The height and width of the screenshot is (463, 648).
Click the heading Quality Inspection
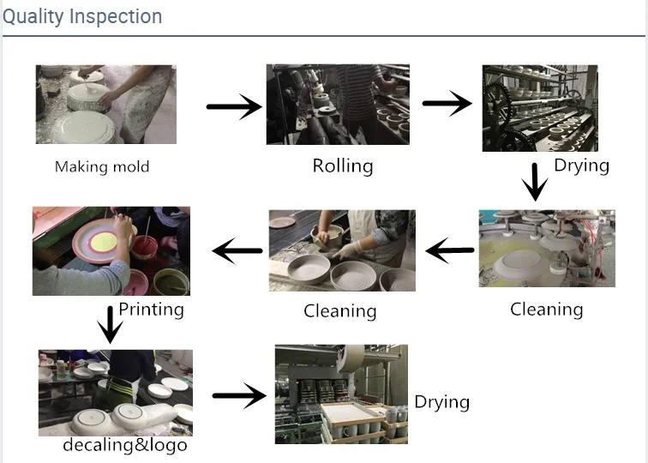(x=82, y=16)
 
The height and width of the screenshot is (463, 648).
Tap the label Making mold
(x=102, y=166)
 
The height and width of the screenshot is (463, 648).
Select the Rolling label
(x=342, y=165)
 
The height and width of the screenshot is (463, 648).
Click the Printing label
(x=151, y=309)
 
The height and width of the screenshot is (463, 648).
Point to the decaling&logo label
(x=124, y=445)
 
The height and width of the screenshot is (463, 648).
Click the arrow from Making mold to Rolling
(x=234, y=106)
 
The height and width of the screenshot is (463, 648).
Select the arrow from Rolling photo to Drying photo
(x=447, y=104)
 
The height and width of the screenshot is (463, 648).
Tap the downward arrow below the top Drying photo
(x=536, y=182)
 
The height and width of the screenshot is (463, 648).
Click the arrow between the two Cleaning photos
(x=450, y=250)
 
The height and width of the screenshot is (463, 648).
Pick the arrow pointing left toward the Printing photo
(x=237, y=250)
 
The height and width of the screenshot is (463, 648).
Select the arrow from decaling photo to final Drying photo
(x=239, y=395)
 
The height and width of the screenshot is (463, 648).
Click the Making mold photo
(x=105, y=104)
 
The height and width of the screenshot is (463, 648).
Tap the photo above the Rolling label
(x=338, y=104)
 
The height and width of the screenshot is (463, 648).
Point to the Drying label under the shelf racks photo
(x=581, y=165)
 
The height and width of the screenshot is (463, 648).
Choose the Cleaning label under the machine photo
(x=546, y=309)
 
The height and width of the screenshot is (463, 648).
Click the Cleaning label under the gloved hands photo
(x=339, y=310)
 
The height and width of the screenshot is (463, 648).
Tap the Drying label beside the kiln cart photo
(x=442, y=401)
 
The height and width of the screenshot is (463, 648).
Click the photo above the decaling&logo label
(x=115, y=393)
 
